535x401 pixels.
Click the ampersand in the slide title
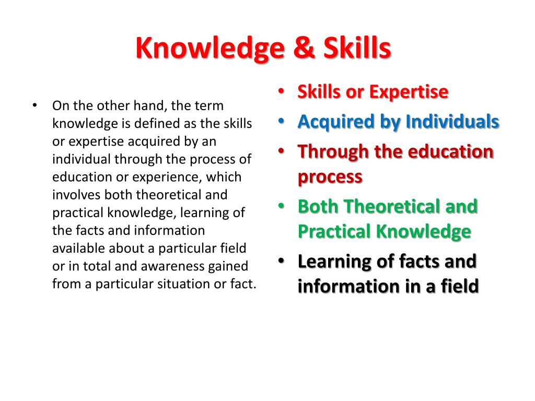click(x=303, y=49)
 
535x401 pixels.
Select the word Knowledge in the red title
click(x=211, y=49)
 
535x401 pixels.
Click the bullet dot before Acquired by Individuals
click(x=282, y=121)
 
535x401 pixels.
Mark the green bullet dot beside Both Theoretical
click(x=282, y=206)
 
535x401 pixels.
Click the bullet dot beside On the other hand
click(x=35, y=105)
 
